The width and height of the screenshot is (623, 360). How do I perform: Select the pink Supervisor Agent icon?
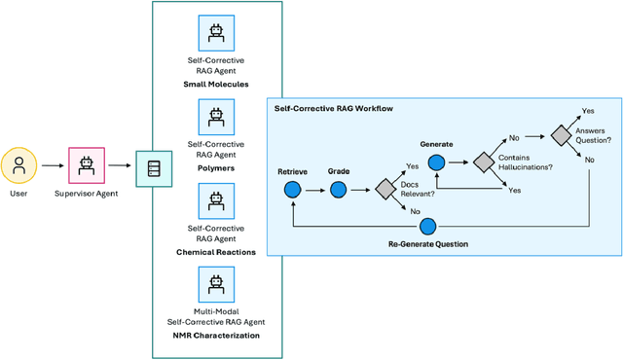tap(87, 167)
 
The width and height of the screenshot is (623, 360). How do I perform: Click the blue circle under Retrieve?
tap(292, 192)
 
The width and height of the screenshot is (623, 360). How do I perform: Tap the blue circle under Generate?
tap(436, 163)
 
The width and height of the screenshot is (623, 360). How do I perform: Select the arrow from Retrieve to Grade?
tap(315, 192)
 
